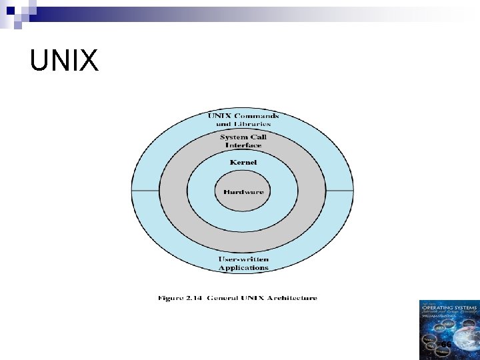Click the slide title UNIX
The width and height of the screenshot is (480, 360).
64,61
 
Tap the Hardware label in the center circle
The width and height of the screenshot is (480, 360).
243,192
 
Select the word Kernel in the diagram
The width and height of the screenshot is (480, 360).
243,162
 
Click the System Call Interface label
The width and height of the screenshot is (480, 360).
243,141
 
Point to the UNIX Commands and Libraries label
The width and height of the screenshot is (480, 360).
243,119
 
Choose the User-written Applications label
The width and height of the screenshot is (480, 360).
243,263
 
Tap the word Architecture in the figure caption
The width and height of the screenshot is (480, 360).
291,298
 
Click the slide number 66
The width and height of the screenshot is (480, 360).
446,344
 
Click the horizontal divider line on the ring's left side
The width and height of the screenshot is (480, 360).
146,191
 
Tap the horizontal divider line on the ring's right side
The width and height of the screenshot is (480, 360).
341,191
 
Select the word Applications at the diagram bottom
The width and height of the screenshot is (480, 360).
243,268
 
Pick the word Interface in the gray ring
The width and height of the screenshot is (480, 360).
243,145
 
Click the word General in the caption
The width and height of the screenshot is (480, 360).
223,298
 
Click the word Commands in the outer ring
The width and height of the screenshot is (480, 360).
257,115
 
